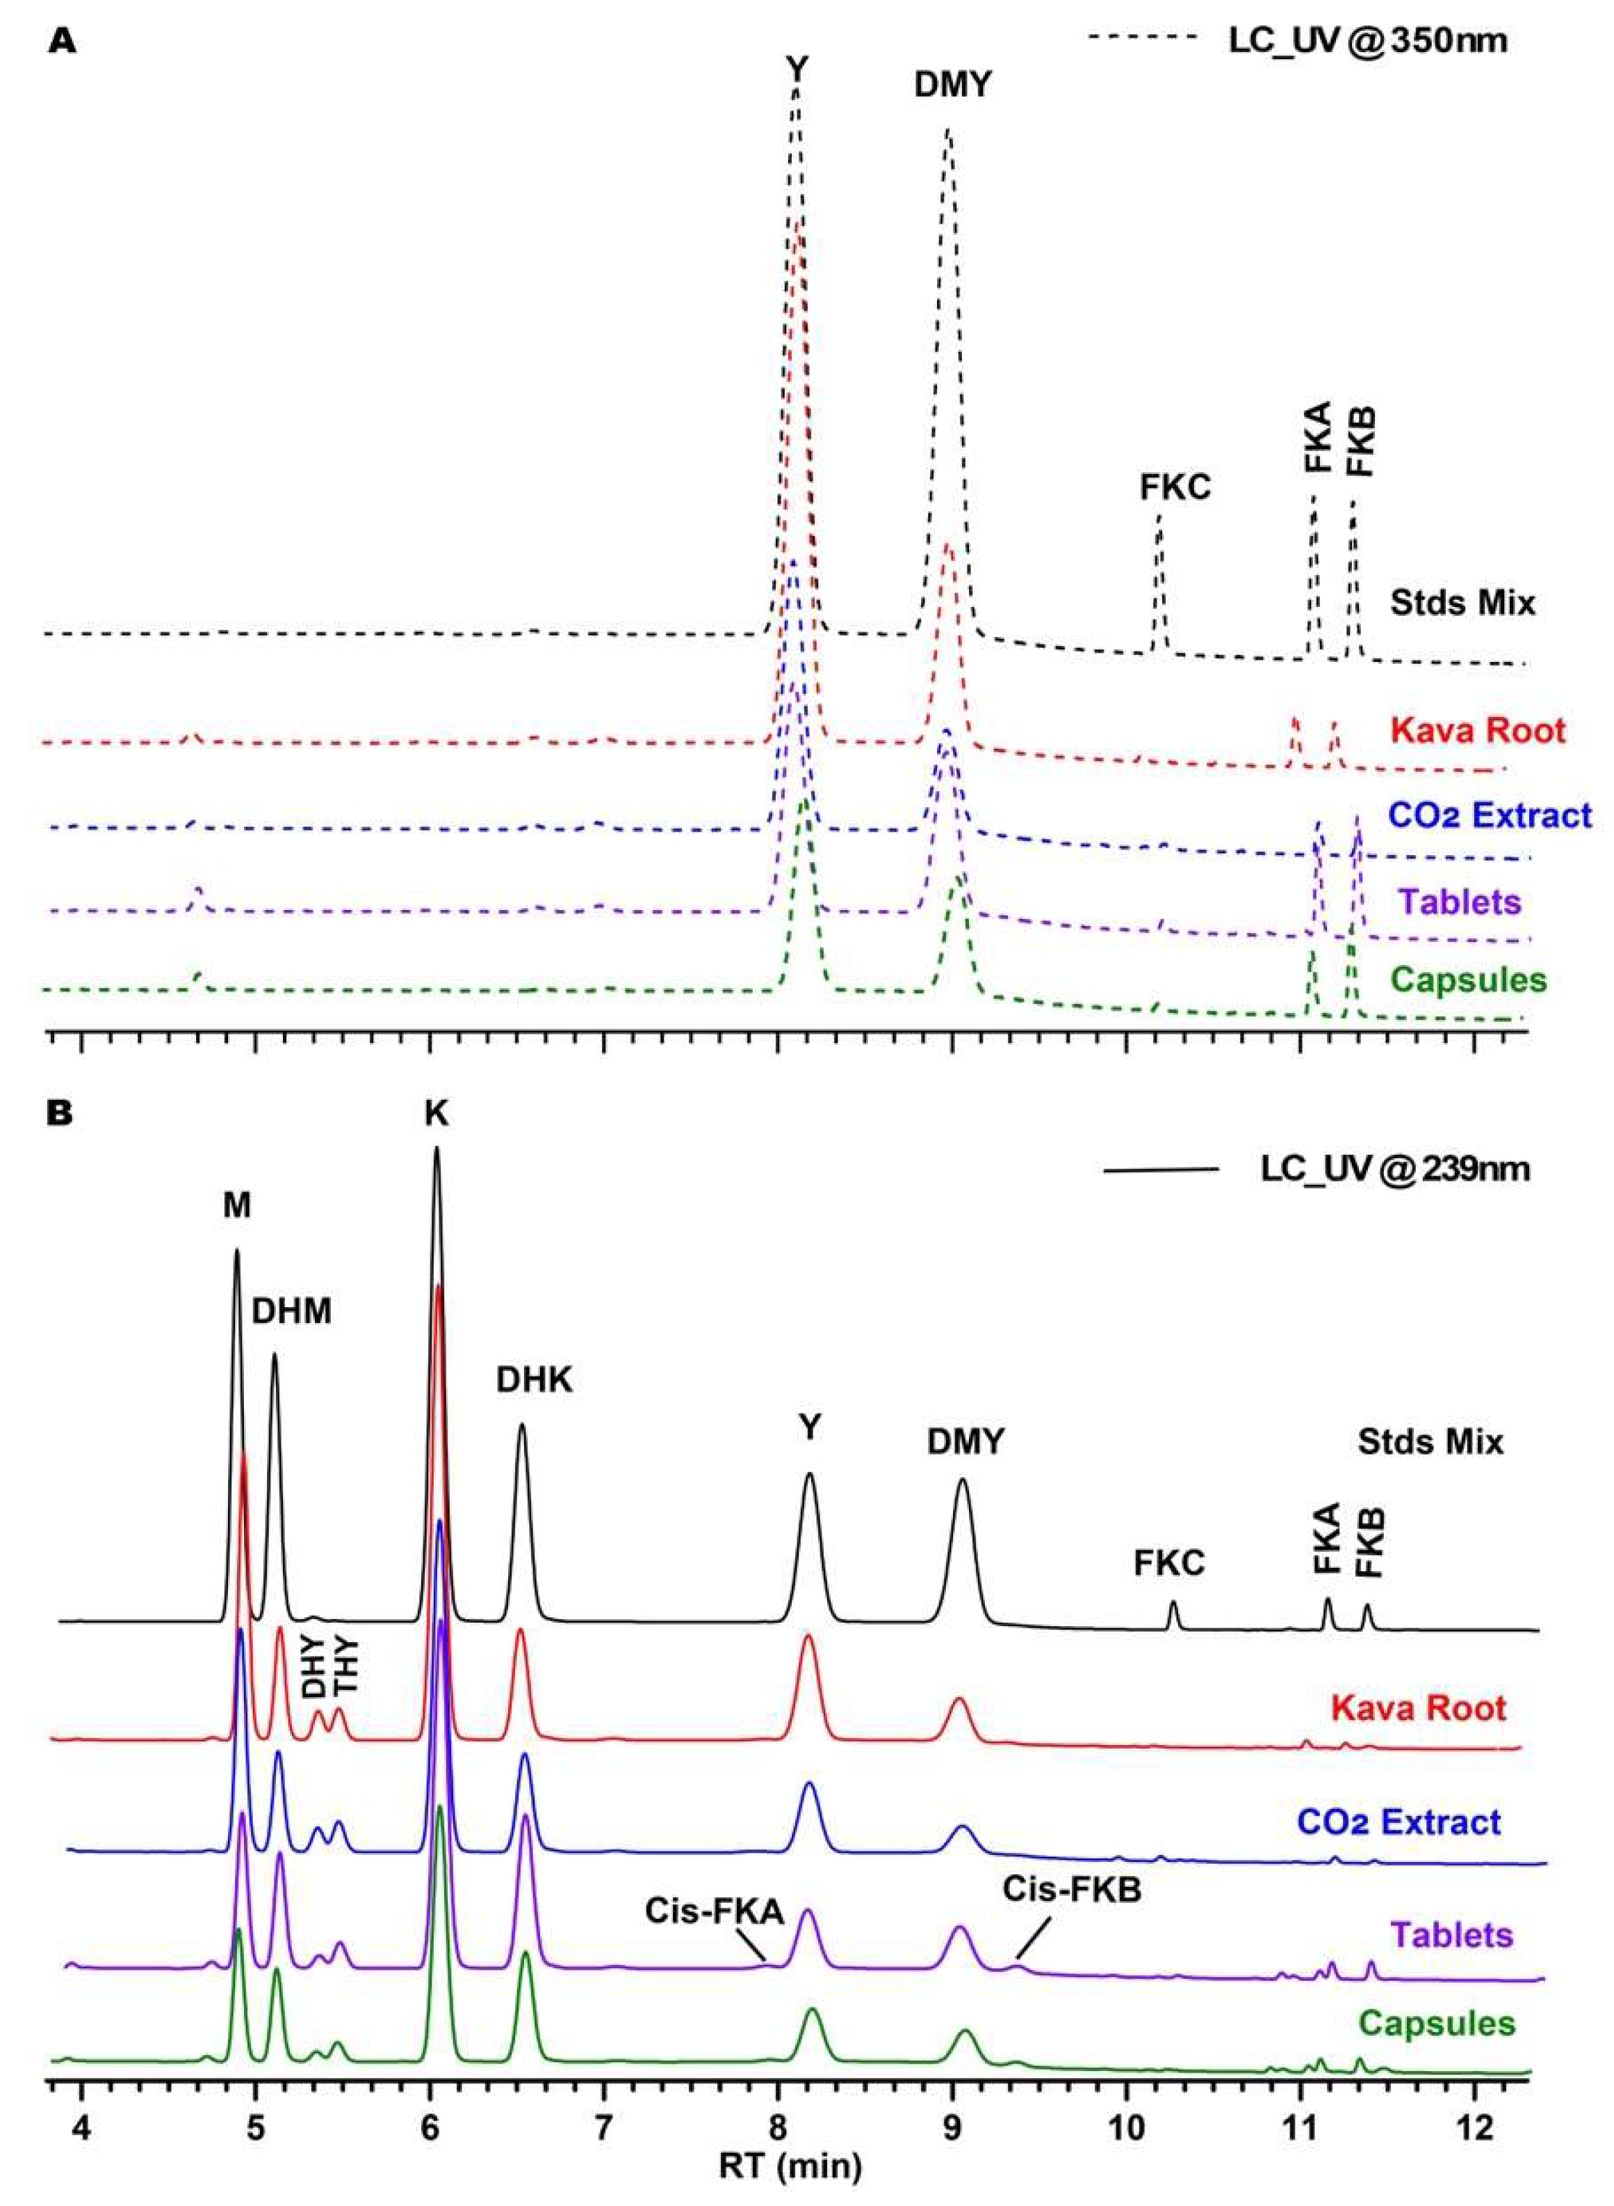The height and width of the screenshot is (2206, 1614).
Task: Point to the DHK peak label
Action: [x=535, y=1379]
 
